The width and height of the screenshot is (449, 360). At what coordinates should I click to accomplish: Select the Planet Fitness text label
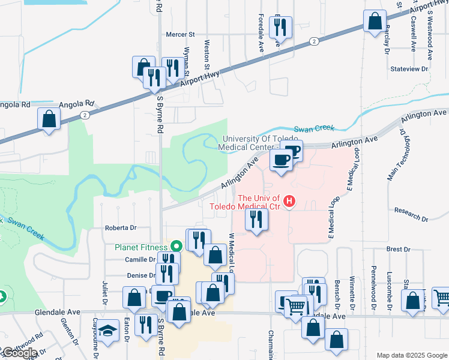pyautogui.click(x=139, y=246)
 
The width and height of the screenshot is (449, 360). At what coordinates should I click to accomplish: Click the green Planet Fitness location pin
pyautogui.click(x=176, y=246)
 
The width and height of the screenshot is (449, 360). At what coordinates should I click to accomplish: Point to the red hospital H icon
pyautogui.click(x=290, y=200)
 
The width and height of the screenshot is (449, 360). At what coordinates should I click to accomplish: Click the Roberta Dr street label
pyautogui.click(x=121, y=228)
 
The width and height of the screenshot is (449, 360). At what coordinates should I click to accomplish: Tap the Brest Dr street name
pyautogui.click(x=398, y=249)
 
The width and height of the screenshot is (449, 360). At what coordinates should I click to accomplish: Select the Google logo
pyautogui.click(x=19, y=353)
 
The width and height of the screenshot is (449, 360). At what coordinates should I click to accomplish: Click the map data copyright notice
pyautogui.click(x=411, y=355)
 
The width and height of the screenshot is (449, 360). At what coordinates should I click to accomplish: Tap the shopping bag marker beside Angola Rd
pyautogui.click(x=49, y=119)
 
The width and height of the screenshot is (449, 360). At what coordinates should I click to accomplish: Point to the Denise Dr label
pyautogui.click(x=142, y=275)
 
